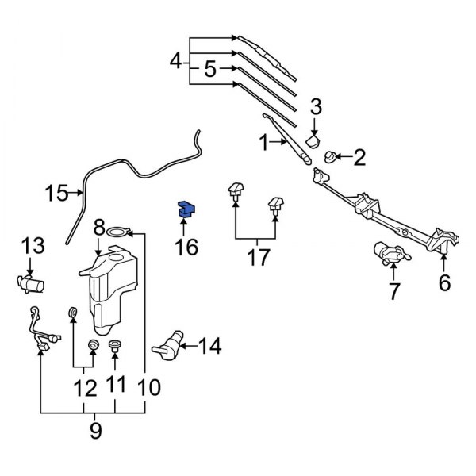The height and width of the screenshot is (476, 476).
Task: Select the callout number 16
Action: tap(186, 248)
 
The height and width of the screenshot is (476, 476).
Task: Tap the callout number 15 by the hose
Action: tap(56, 192)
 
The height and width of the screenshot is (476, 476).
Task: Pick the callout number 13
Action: tap(34, 245)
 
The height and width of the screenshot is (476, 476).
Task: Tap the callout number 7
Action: tap(393, 291)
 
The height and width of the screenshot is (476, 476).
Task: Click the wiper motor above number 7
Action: tap(390, 255)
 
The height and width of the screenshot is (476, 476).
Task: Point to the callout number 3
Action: tap(315, 106)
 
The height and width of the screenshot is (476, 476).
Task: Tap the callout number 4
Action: tap(177, 60)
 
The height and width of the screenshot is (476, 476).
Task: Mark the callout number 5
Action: tap(210, 69)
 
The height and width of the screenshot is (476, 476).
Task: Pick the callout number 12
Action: tap(84, 388)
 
